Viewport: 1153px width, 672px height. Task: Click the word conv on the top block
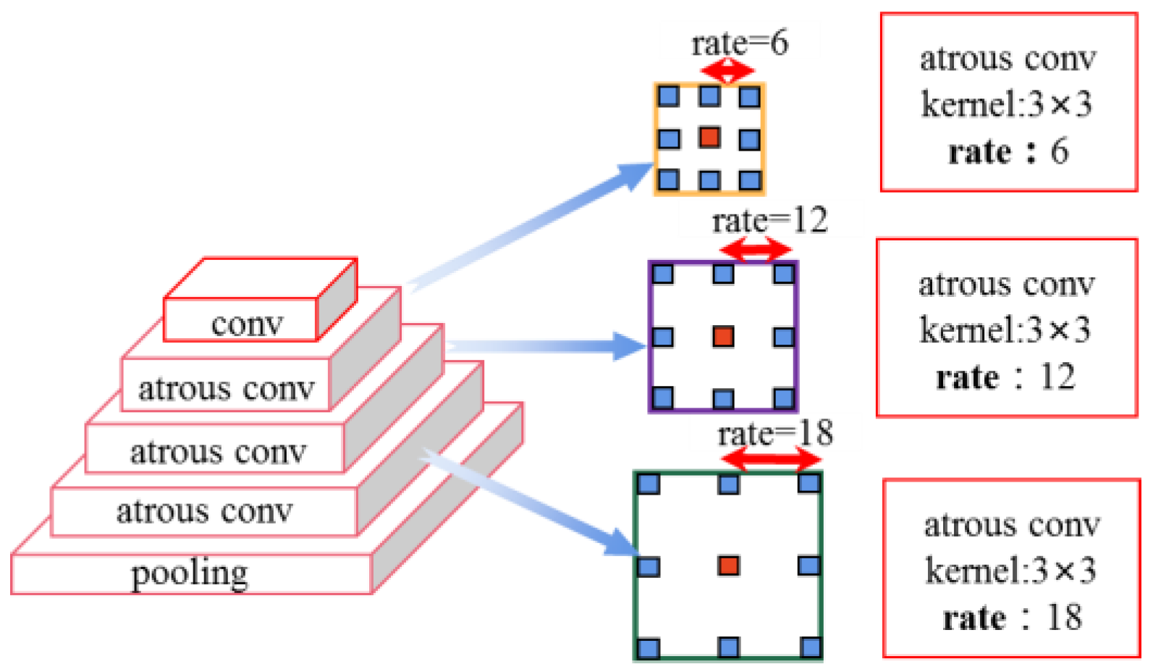tap(247, 324)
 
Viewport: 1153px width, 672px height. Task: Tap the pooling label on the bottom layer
tap(190, 574)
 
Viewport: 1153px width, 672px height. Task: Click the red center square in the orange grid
tap(709, 137)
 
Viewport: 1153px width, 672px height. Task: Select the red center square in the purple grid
tap(723, 336)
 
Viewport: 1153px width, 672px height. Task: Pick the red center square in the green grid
tap(728, 565)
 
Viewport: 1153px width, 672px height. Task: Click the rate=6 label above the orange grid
tap(739, 43)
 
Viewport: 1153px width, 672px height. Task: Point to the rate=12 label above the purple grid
tap(769, 221)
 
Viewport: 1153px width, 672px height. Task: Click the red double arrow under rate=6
tap(728, 71)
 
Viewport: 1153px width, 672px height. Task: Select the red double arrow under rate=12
tap(756, 251)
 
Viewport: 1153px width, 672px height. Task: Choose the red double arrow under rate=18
tap(771, 458)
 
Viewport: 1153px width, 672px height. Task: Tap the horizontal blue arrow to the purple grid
tap(550, 346)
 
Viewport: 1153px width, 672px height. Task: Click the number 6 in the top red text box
tap(1059, 151)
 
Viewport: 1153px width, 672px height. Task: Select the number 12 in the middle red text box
tap(1057, 377)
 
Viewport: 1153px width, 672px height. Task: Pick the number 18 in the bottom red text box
tap(1064, 618)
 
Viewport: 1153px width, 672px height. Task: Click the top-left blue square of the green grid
tap(649, 484)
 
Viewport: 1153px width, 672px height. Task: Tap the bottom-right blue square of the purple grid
tap(784, 398)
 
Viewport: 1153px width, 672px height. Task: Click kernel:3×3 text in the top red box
tap(1006, 105)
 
